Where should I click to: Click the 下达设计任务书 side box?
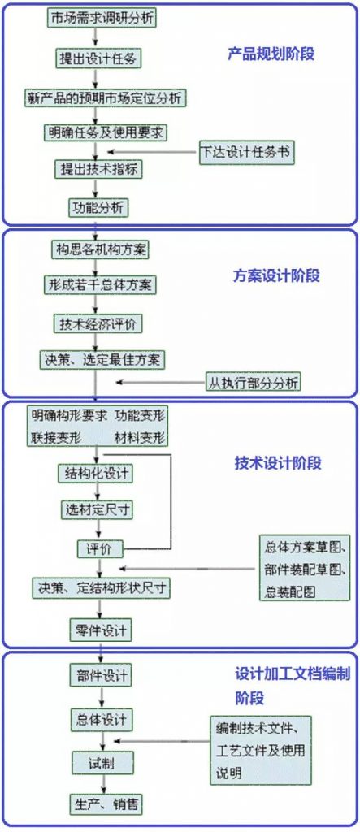pyautogui.click(x=246, y=150)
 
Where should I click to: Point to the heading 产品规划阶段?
pyautogui.click(x=271, y=54)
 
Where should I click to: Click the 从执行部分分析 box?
pyautogui.click(x=254, y=382)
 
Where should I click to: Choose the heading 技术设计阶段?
pyautogui.click(x=278, y=463)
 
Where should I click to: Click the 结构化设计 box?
pyautogui.click(x=96, y=473)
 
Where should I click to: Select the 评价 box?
pyautogui.click(x=100, y=549)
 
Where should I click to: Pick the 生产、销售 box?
pyautogui.click(x=106, y=804)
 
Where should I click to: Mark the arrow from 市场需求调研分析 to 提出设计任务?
pyautogui.click(x=96, y=39)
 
